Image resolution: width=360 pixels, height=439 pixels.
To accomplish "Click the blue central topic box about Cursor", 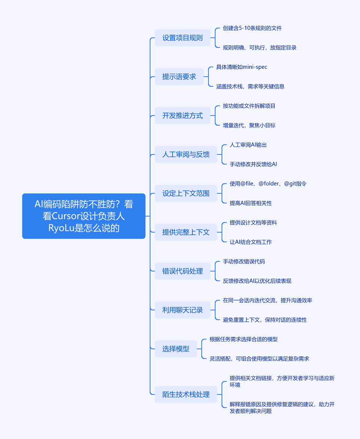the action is point(84,216).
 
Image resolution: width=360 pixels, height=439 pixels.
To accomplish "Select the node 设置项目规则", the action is point(182,38).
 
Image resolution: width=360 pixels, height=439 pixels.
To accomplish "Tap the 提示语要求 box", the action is point(179,77).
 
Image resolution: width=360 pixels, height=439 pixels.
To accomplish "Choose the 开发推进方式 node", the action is point(182,116).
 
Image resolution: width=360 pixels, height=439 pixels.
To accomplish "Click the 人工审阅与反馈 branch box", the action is point(186,154).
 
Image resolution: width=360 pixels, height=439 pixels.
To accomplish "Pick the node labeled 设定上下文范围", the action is point(186,193).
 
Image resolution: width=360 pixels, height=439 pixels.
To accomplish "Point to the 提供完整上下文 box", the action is point(186,232).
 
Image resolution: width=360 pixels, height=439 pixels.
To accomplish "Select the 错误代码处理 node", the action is point(182,271).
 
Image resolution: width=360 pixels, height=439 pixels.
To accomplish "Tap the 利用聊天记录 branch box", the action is point(182,310).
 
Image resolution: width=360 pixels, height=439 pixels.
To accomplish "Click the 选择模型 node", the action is point(176,349).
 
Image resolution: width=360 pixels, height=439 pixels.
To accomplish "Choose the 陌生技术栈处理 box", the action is point(186,395).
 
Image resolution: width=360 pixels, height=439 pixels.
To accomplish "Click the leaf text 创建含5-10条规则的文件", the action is point(252,28).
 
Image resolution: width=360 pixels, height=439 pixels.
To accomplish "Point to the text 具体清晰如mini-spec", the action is point(241,67).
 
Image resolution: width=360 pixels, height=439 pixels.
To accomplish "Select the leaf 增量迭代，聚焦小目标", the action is point(249,125).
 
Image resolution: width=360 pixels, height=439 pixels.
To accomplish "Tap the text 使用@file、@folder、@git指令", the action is point(268,184).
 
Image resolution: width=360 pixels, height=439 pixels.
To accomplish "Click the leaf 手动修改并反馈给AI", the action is point(253,165).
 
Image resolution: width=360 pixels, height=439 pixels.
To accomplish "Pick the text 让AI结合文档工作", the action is point(250,242).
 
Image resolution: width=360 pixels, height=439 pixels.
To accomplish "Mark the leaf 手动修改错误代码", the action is point(244,261).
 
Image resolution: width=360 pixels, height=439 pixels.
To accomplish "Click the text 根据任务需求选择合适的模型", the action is point(244,339).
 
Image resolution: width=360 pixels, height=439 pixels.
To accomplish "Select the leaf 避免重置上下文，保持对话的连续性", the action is point(265,320).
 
